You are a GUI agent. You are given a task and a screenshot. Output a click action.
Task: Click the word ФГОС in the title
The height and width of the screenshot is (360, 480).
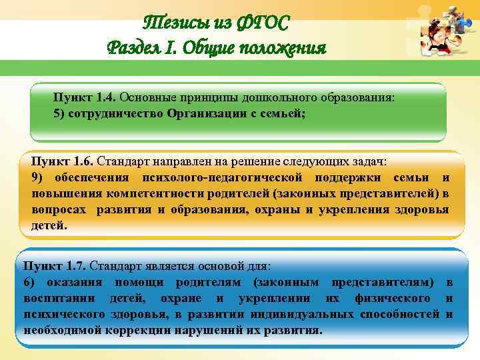(x=263, y=24)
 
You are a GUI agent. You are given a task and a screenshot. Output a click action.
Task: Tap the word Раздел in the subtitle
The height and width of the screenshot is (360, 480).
(x=133, y=49)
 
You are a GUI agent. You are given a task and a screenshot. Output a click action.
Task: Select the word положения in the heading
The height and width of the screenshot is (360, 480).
(x=281, y=49)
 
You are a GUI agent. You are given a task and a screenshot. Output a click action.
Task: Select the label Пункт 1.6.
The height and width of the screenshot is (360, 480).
(x=63, y=161)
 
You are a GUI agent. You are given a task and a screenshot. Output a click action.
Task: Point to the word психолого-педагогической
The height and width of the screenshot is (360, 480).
(x=223, y=177)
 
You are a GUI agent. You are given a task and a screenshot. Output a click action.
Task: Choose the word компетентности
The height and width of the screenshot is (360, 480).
(x=137, y=193)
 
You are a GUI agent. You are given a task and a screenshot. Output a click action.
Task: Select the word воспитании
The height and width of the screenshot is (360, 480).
(x=57, y=298)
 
